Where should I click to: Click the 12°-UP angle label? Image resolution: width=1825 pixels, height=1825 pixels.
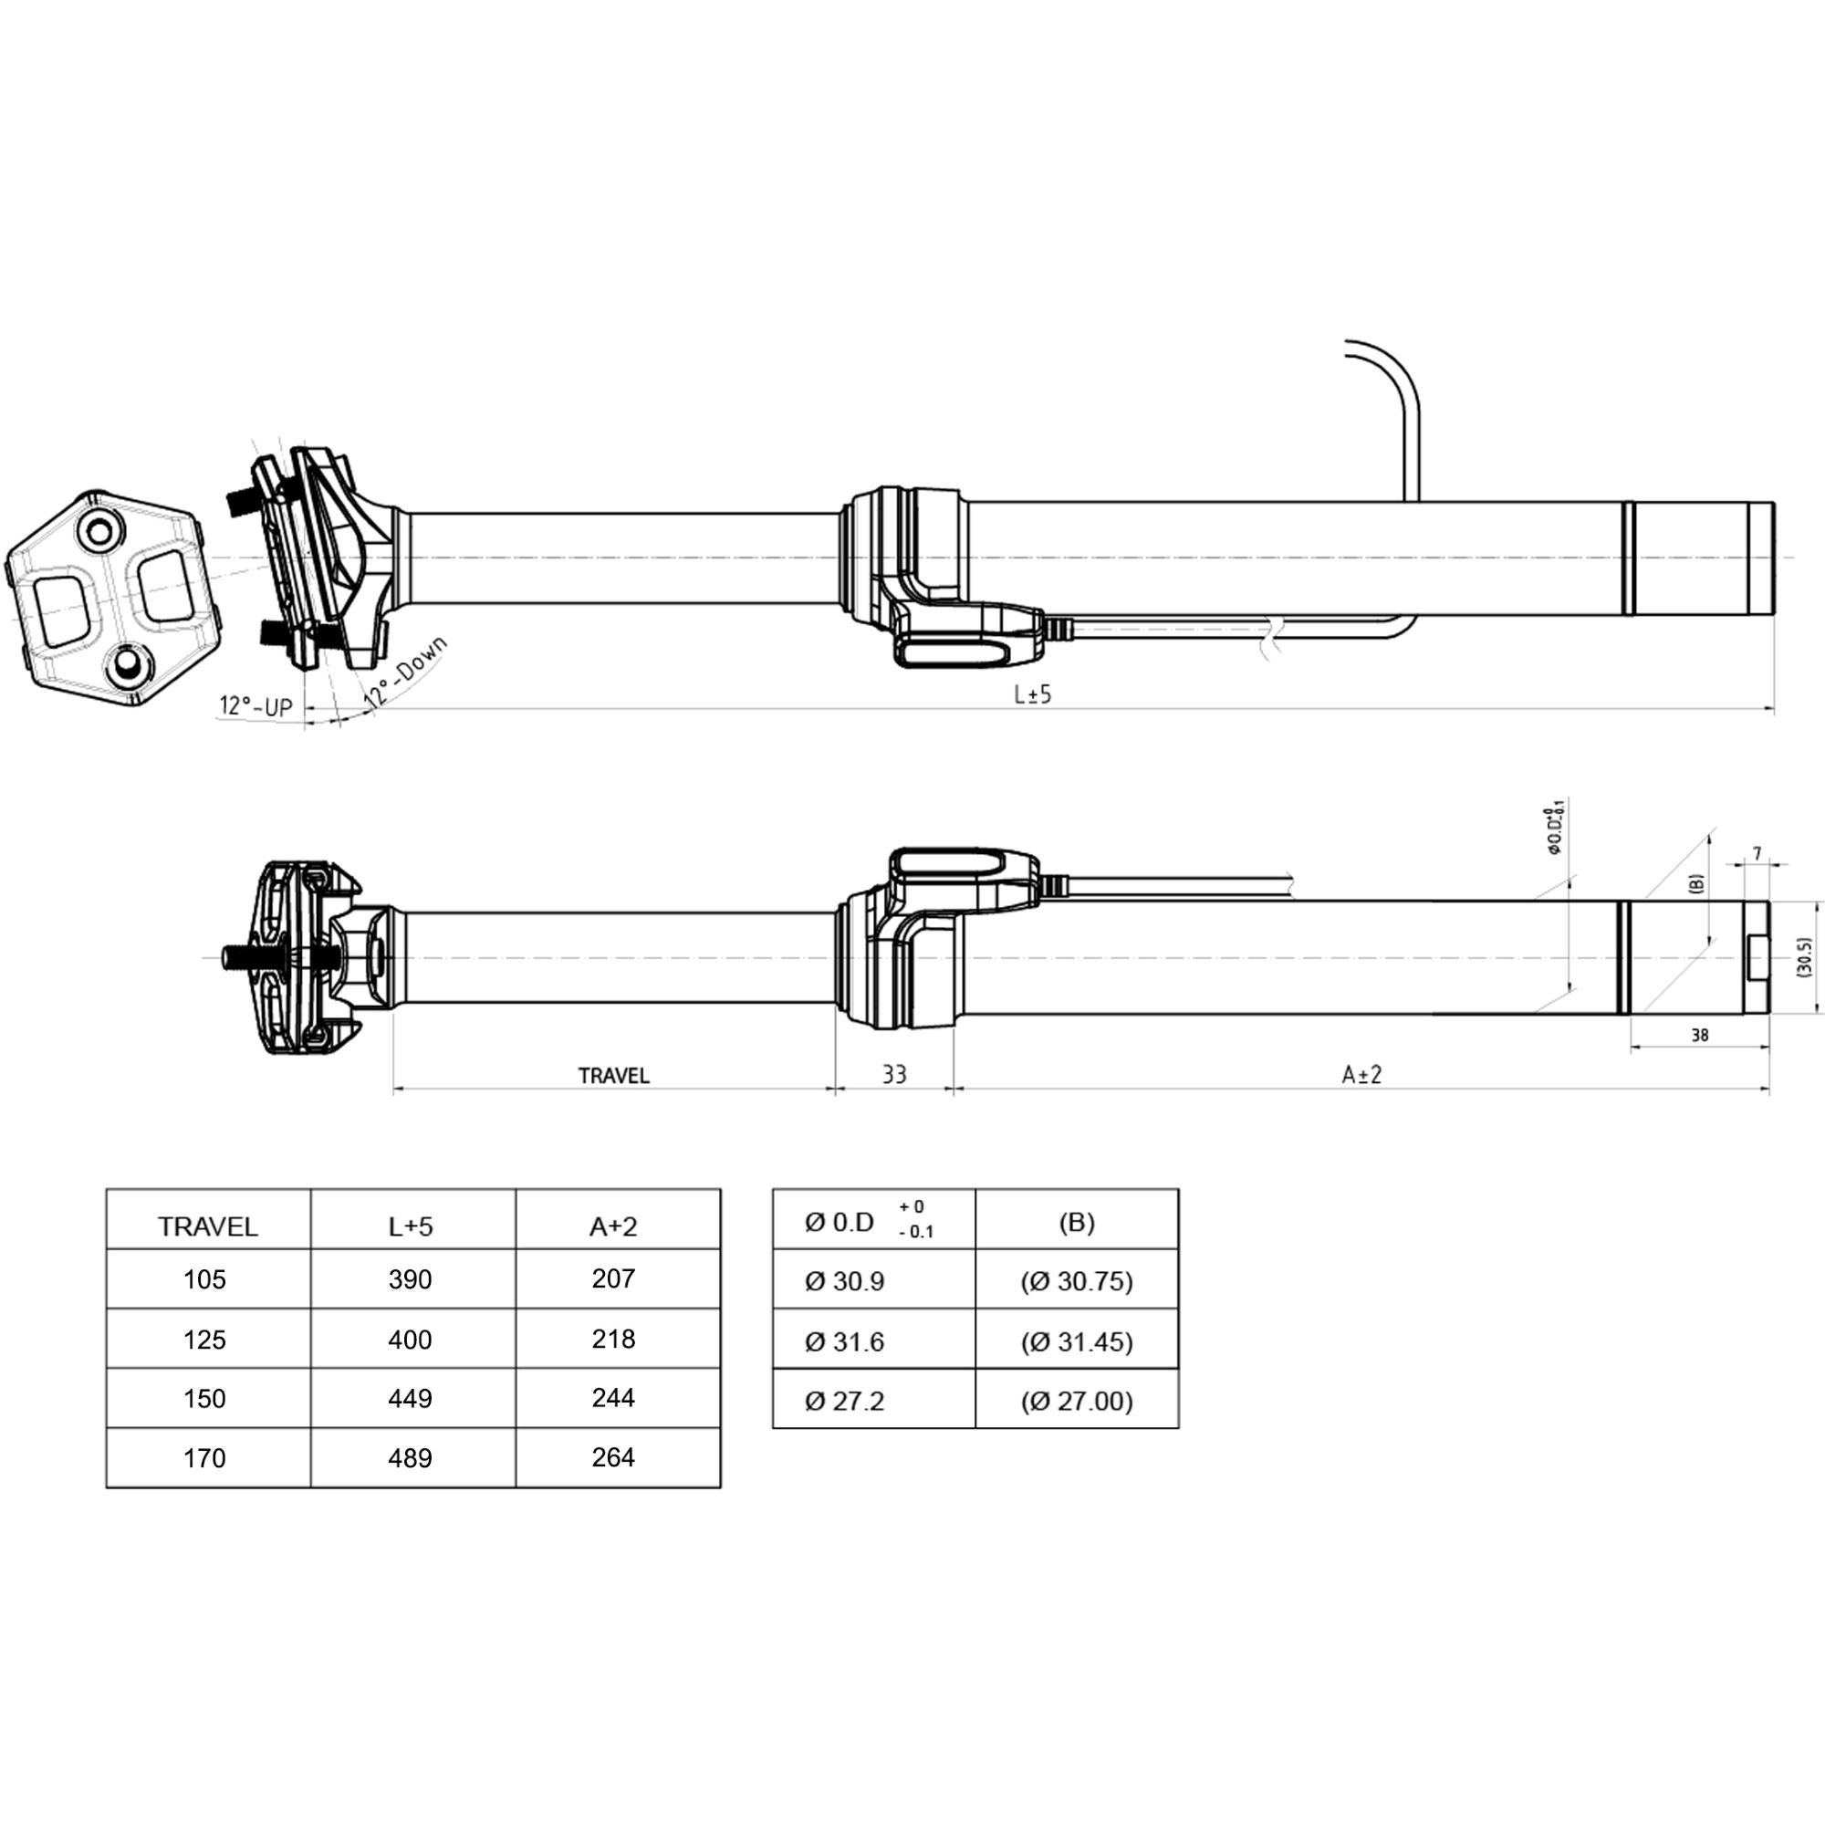coord(256,705)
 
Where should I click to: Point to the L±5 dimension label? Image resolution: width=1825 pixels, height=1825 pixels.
coord(1032,695)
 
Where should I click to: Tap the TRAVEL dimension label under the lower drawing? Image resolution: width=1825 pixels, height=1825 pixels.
coord(614,1076)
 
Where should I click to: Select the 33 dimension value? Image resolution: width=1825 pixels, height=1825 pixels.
coord(893,1074)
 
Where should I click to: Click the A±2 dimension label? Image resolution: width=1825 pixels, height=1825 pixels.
coord(1361,1074)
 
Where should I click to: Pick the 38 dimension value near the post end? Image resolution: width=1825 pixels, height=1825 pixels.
coord(1699,1036)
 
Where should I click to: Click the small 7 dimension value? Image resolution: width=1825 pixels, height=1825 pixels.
coord(1757,854)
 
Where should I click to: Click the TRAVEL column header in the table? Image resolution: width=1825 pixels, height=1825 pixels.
coord(208,1227)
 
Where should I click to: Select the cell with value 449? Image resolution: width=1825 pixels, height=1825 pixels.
coord(410,1398)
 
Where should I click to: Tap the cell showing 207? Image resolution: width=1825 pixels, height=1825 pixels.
coord(613,1279)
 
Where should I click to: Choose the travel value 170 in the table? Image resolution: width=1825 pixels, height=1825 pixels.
coord(205,1458)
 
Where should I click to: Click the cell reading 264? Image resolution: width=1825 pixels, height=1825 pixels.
coord(613,1457)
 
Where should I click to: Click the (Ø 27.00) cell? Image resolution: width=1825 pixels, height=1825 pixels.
coord(1076,1401)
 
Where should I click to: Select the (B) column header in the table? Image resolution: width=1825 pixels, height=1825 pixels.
coord(1076,1224)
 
